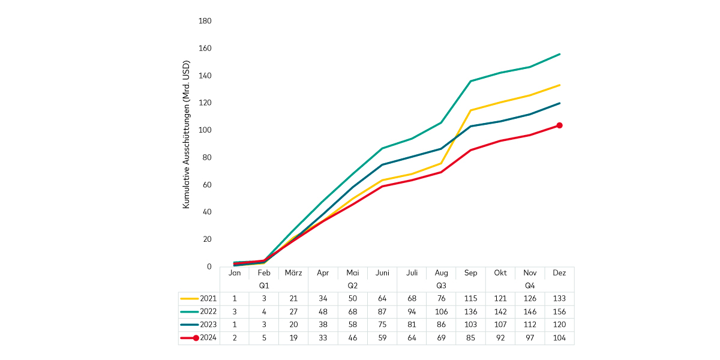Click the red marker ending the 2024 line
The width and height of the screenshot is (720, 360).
click(x=559, y=125)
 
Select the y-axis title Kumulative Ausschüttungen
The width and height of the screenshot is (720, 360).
click(x=186, y=134)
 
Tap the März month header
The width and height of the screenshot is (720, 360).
click(x=293, y=273)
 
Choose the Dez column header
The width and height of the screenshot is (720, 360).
click(x=559, y=273)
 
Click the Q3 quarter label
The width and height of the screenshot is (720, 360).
click(x=441, y=286)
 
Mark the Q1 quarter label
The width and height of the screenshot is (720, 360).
click(x=264, y=286)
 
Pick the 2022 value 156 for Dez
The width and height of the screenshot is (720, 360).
click(x=559, y=311)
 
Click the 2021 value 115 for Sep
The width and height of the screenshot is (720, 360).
click(x=470, y=298)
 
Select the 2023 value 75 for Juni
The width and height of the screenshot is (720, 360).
click(x=382, y=325)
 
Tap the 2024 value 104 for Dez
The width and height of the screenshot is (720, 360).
click(x=559, y=338)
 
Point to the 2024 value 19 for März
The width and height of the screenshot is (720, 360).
click(x=293, y=338)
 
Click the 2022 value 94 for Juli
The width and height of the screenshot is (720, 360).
click(x=412, y=311)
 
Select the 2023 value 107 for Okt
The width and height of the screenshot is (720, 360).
click(x=500, y=325)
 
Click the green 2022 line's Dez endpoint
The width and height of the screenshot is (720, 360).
click(x=559, y=54)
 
